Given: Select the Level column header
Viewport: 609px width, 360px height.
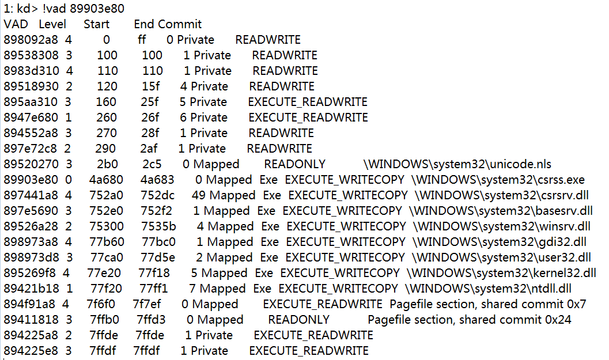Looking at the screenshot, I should [52, 24].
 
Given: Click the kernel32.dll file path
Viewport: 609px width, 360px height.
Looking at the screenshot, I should [502, 273].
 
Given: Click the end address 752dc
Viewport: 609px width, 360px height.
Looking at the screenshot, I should [157, 195].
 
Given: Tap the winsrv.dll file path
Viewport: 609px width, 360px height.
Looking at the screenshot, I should [502, 226].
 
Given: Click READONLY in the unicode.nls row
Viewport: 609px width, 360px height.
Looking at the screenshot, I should [294, 164].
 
